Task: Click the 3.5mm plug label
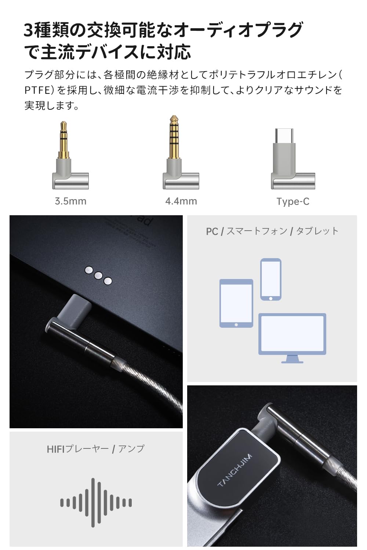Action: (70, 201)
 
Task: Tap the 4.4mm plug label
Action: (181, 201)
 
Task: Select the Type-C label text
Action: (293, 201)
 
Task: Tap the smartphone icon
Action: (271, 279)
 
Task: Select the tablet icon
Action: (236, 303)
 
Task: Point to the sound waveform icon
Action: (96, 502)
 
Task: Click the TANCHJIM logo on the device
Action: (235, 470)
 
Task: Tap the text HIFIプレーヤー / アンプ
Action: (96, 449)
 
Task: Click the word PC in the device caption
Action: (212, 231)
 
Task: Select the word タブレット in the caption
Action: (317, 231)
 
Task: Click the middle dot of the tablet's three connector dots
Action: (98, 275)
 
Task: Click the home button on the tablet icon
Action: (236, 325)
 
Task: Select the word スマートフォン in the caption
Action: (257, 231)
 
